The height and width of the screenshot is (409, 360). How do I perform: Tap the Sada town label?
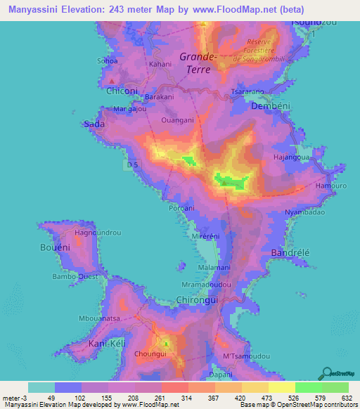click(94, 124)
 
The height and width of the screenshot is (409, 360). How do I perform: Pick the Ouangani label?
click(177, 120)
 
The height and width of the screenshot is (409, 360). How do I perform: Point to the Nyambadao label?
click(304, 212)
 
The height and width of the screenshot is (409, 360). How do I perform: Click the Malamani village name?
click(214, 268)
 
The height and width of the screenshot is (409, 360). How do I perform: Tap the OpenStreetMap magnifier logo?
click(327, 372)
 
